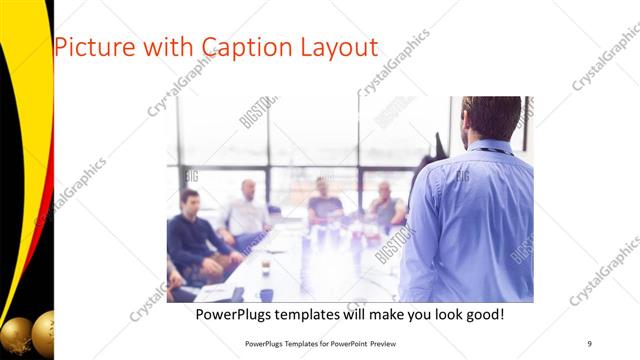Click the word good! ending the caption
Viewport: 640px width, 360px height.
point(482,315)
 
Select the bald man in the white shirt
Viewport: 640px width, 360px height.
point(247,211)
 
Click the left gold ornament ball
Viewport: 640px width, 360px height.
point(15,334)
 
